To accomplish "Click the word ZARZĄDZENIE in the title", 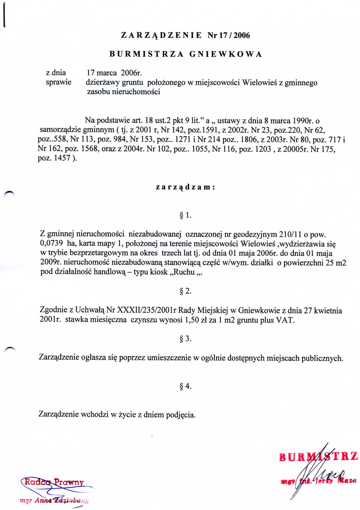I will (x=161, y=35).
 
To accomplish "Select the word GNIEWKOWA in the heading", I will (x=226, y=54).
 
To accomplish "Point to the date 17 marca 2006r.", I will (x=114, y=73).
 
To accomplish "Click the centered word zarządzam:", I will (x=185, y=187).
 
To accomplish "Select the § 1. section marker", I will (x=185, y=215).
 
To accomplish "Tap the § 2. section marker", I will (x=185, y=291).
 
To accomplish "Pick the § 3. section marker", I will (x=185, y=339).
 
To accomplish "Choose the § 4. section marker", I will (x=185, y=386).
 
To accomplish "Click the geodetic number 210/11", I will (x=290, y=234).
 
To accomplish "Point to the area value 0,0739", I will (x=51, y=244).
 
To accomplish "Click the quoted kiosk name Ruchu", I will (x=183, y=272).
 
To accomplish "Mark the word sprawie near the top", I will (x=58, y=82).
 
